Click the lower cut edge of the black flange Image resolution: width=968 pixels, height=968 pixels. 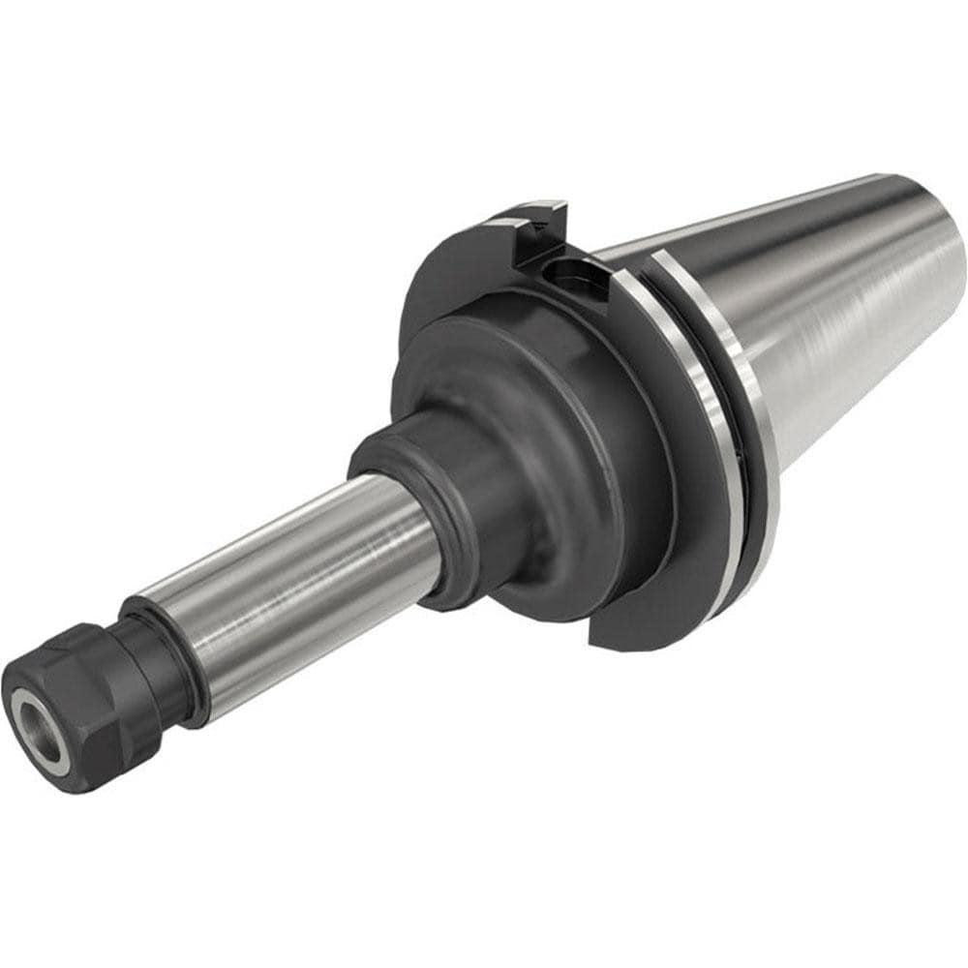(629, 629)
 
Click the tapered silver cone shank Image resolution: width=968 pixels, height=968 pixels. (842, 310)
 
